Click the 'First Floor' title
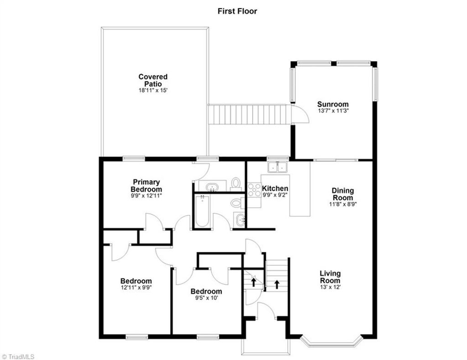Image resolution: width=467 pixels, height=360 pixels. tap(237, 11)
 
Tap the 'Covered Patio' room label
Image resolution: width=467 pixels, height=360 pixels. tap(153, 80)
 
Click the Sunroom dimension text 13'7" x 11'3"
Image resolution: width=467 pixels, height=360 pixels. tap(333, 111)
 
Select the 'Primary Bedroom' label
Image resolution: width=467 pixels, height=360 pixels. tap(146, 185)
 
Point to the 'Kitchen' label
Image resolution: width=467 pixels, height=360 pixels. tap(275, 188)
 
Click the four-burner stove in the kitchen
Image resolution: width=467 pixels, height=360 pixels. tap(254, 190)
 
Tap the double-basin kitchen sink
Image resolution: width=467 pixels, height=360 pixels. tap(278, 167)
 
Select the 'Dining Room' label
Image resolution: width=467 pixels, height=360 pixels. tap(342, 194)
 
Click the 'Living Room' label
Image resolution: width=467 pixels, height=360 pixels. tap(330, 277)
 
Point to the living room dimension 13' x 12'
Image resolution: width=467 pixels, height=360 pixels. tap(330, 287)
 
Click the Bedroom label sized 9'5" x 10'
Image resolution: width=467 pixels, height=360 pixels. tap(206, 291)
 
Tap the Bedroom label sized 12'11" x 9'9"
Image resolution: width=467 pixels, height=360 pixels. tap(136, 281)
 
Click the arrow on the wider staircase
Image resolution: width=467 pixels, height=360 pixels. tap(277, 285)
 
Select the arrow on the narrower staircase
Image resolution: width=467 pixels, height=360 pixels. tap(254, 281)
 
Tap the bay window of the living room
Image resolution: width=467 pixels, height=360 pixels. tap(332, 342)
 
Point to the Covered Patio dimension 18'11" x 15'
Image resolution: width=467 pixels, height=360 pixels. tap(153, 91)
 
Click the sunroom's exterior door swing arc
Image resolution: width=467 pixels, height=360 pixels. tap(301, 114)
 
